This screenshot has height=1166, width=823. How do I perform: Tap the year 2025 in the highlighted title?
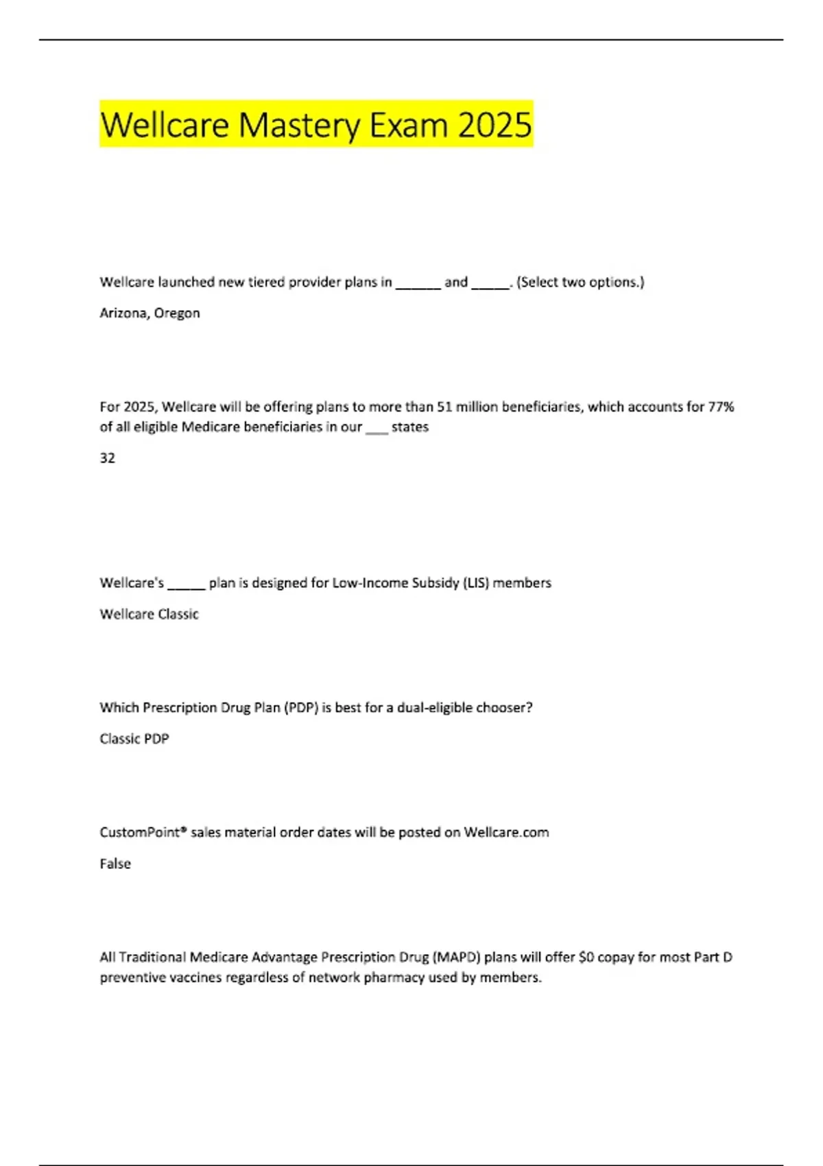click(x=494, y=126)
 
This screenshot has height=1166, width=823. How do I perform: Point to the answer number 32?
click(x=108, y=458)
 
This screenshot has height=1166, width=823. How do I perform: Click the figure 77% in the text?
click(x=721, y=407)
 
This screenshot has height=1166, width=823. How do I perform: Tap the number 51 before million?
click(x=444, y=407)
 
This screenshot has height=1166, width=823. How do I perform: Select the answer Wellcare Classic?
click(x=149, y=614)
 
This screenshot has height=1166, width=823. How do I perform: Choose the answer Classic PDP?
click(x=134, y=739)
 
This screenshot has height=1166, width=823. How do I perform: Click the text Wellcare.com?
click(x=506, y=833)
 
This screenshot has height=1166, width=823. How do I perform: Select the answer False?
click(x=115, y=864)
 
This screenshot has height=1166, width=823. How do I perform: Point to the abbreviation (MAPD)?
click(x=456, y=957)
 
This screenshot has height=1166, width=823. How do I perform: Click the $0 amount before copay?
click(x=586, y=957)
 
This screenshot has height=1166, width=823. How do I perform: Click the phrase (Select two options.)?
click(x=580, y=282)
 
